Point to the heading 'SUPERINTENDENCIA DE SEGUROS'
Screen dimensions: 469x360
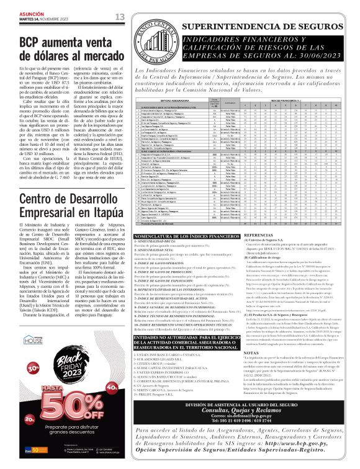tap(259, 28)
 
